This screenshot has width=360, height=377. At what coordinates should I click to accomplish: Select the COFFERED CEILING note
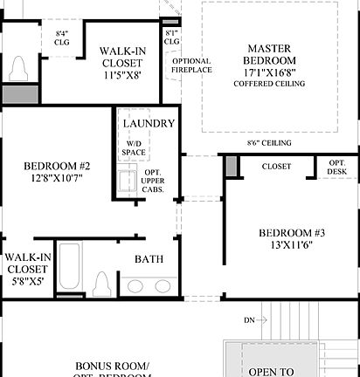click(269, 84)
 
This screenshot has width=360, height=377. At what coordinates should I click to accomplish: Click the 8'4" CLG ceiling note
click(62, 36)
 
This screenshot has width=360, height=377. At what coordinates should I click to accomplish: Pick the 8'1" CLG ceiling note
click(171, 37)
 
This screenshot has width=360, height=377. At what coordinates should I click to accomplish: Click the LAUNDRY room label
click(149, 124)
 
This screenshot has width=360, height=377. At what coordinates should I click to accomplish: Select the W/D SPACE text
click(135, 148)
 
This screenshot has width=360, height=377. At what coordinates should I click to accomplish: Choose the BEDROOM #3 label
click(292, 233)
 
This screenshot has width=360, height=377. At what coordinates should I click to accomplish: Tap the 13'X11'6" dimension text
click(292, 247)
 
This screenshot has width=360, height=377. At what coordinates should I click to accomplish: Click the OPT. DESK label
click(336, 167)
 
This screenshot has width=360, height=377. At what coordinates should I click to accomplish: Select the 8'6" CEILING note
click(268, 143)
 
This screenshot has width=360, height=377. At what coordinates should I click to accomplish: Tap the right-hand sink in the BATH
click(163, 285)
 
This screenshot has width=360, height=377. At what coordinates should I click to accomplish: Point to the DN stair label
click(250, 320)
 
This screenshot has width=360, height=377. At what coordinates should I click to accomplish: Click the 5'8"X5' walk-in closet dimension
click(26, 281)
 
